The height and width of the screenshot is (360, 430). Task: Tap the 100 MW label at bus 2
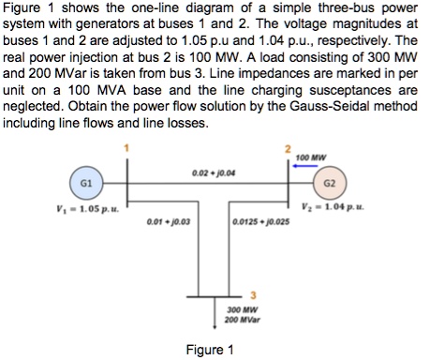pos(322,156)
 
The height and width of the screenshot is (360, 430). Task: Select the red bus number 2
pos(290,149)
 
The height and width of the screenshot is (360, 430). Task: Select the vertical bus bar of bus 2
pos(291,184)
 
